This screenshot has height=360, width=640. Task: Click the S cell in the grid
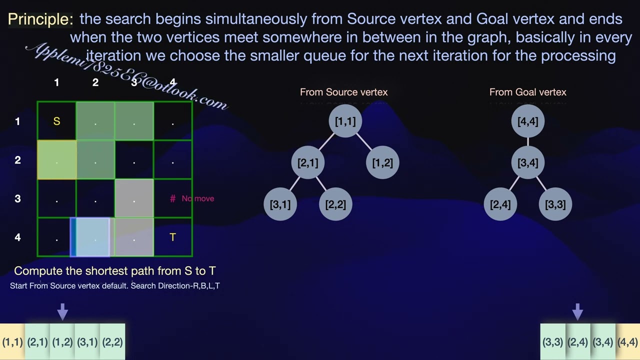point(56,121)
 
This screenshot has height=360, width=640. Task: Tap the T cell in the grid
point(172,237)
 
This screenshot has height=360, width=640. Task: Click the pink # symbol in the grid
point(172,199)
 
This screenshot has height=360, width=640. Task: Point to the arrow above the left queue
point(62,311)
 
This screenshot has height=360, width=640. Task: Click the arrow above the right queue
point(577,311)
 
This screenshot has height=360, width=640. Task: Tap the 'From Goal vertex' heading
point(527,92)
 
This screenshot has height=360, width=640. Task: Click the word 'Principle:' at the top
point(40,19)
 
